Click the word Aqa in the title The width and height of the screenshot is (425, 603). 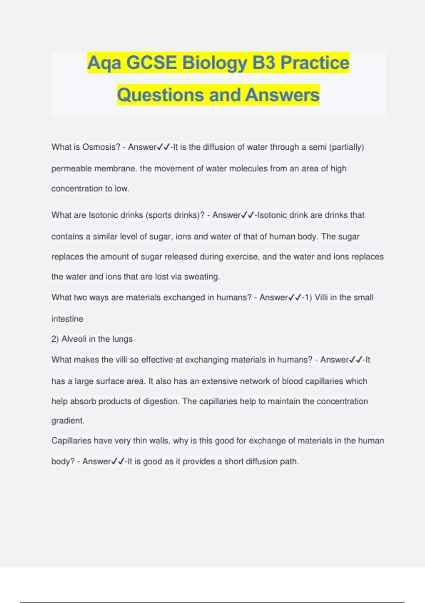point(104,63)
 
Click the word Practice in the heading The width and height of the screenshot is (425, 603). point(314,63)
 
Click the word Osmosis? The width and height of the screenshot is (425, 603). point(101,147)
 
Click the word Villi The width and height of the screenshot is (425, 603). point(321,297)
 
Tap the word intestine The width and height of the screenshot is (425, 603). point(67,319)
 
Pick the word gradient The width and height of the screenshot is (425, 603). point(68,421)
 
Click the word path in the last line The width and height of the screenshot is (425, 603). point(291,461)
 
